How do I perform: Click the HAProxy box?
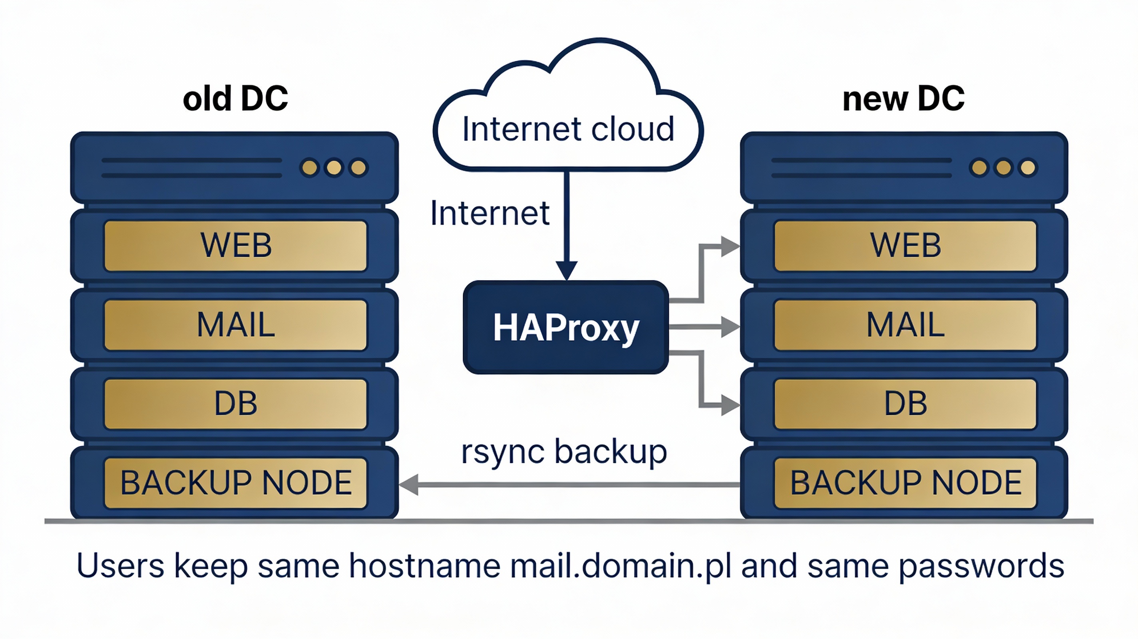click(x=565, y=327)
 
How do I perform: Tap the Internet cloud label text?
click(x=568, y=129)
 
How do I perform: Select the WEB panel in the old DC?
click(x=235, y=246)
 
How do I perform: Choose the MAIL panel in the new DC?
click(x=905, y=325)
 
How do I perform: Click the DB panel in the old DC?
click(x=235, y=404)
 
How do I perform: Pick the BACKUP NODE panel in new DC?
click(x=905, y=483)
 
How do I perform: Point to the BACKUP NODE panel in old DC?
click(x=235, y=483)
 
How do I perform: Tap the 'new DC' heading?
click(x=903, y=99)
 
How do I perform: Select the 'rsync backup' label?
click(x=564, y=452)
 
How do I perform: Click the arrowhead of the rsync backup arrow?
click(x=409, y=485)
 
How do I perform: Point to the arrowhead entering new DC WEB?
click(x=730, y=246)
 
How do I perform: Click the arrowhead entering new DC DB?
click(x=730, y=405)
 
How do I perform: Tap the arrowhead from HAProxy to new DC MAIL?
click(x=730, y=327)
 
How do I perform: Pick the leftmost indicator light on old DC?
click(x=310, y=168)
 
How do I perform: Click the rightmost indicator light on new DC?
click(x=1028, y=168)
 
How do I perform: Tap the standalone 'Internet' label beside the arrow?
click(x=490, y=213)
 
